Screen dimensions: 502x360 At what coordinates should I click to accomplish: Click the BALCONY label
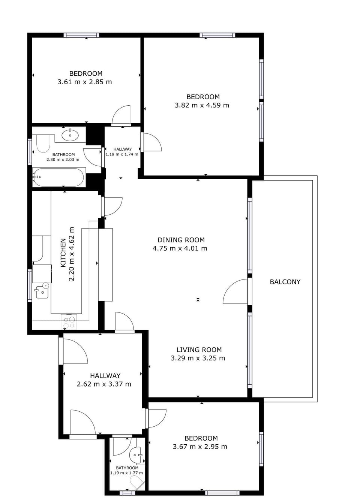point(285,282)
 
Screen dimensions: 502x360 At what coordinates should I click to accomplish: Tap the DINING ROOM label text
point(181,240)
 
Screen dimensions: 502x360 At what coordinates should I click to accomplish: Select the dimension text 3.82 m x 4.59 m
point(202,105)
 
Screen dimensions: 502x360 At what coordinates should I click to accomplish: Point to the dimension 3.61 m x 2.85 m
point(85,82)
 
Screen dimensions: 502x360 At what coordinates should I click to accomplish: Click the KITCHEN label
point(63,253)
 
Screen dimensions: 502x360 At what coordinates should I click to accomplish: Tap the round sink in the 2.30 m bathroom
point(70,135)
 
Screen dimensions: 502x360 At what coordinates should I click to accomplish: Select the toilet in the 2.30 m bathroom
point(43,143)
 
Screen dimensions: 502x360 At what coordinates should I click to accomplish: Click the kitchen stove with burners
point(69,322)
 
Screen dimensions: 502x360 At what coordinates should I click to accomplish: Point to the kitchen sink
point(42,291)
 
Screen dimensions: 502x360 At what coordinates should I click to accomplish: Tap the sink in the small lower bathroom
point(135,455)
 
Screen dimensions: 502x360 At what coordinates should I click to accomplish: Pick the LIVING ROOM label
point(199,350)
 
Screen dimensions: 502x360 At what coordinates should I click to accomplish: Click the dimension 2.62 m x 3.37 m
point(104,384)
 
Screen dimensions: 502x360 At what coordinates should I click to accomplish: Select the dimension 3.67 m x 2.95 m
point(200,447)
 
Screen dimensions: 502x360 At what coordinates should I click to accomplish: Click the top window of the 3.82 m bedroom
point(217,36)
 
